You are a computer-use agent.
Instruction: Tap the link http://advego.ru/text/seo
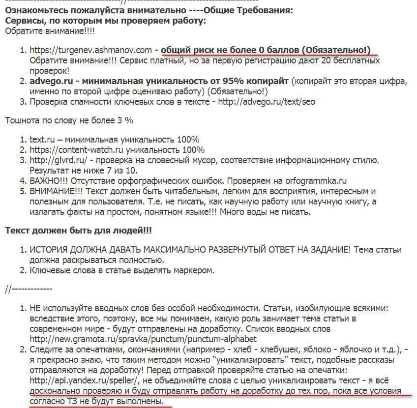click(x=268, y=102)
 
